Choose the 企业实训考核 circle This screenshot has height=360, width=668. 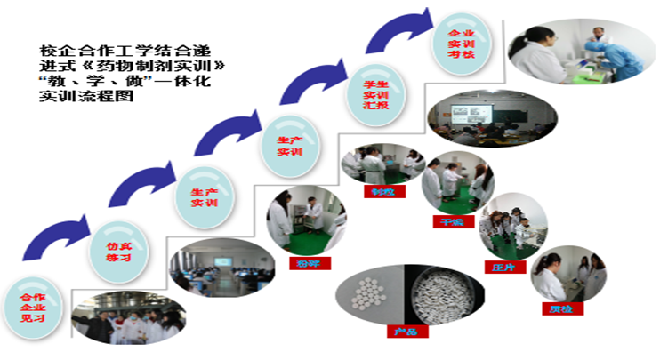click(x=459, y=44)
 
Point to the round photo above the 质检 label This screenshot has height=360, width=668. click(x=568, y=277)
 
